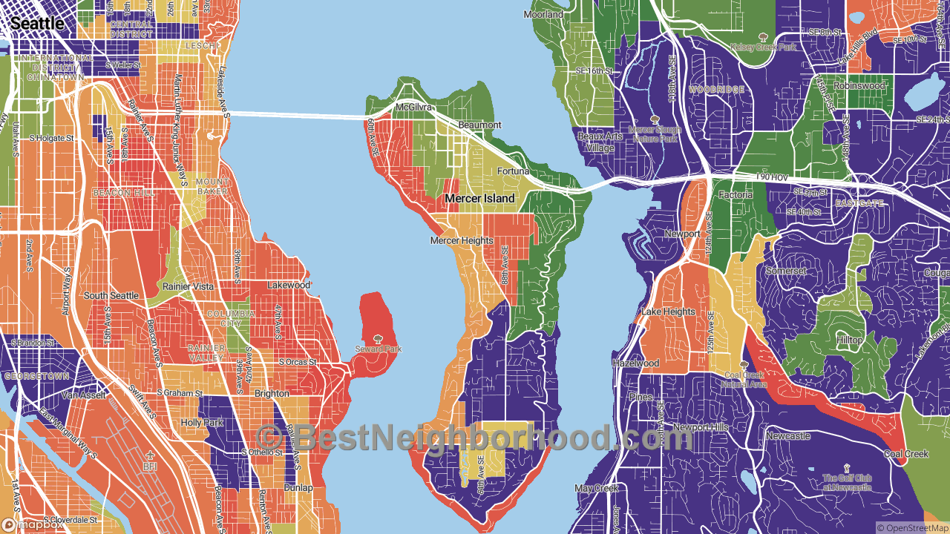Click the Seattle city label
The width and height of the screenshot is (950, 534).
[x=37, y=24]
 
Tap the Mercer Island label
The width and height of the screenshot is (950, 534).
[x=479, y=199]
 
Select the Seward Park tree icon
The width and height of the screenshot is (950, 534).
[x=379, y=339]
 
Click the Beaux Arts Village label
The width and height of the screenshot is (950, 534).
[x=596, y=142]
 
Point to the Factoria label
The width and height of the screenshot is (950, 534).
[x=736, y=195]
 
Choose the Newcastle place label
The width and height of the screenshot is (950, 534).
[x=788, y=436]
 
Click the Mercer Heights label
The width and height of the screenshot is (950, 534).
[x=462, y=240]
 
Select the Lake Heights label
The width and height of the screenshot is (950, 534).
[x=668, y=312]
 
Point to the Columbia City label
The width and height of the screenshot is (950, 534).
[x=231, y=319]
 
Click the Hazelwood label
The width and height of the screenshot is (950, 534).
[x=635, y=363]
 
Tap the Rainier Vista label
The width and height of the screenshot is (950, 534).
[x=189, y=286]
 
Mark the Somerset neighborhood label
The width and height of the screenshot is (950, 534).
[x=786, y=271]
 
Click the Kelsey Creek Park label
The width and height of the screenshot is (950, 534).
[x=762, y=47]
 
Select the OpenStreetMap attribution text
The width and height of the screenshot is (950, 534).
[x=911, y=527]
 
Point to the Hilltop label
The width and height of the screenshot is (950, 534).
[x=850, y=340]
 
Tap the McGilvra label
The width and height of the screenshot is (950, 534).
[x=413, y=108]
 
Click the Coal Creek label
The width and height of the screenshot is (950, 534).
[x=905, y=454]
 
